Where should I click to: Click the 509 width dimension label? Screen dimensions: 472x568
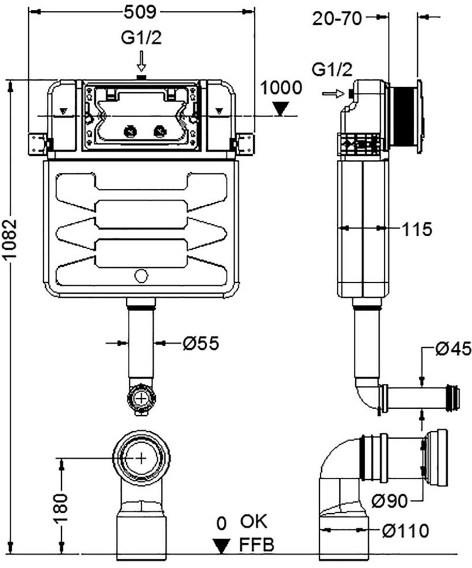click(140, 12)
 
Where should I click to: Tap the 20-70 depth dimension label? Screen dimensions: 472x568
click(337, 18)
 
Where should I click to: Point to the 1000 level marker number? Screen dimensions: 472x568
click(281, 88)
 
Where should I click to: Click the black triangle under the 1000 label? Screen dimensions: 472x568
click(281, 109)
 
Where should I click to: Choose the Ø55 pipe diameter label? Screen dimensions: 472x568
click(201, 343)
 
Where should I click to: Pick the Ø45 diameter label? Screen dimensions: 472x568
click(454, 349)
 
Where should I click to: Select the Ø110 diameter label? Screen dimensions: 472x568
click(405, 530)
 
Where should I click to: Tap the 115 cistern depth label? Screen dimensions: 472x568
click(417, 229)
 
